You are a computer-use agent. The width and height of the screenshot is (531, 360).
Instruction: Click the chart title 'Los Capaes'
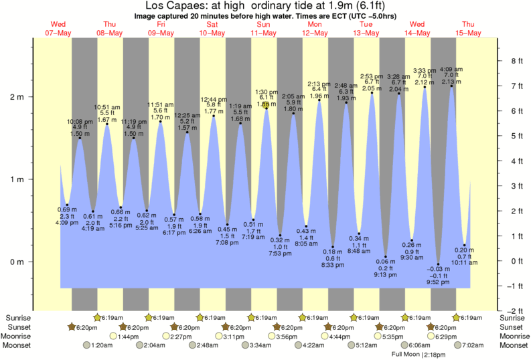tap(173, 5)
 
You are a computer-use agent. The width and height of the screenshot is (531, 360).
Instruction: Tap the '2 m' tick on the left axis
tap(16, 97)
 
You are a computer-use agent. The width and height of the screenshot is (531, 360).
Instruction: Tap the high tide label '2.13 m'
tap(451, 82)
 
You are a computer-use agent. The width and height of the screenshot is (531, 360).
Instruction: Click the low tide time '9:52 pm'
tap(438, 282)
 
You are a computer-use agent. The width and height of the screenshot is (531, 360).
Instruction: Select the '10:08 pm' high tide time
tap(79, 121)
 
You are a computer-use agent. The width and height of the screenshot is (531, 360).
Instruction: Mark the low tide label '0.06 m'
tap(385, 260)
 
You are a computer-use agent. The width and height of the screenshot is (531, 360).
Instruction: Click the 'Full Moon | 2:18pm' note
tap(419, 355)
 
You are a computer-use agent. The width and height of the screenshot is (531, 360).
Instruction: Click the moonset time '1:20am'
tap(100, 345)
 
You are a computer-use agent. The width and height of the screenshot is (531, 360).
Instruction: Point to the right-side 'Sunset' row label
tap(512, 327)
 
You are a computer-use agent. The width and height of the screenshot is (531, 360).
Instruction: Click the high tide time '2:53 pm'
tap(372, 76)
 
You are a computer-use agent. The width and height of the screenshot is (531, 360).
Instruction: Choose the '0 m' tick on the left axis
tap(16, 262)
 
